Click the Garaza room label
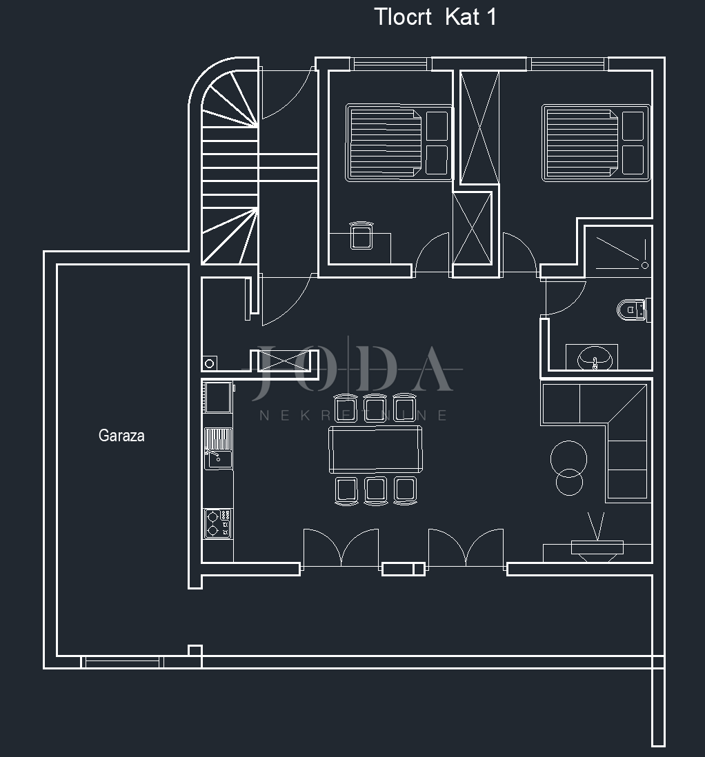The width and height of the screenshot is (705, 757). (x=121, y=436)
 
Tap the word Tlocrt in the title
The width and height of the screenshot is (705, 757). (x=404, y=17)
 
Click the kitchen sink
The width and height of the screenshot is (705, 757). (x=218, y=447)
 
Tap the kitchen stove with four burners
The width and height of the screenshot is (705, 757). (x=217, y=523)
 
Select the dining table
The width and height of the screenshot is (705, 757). (x=375, y=448)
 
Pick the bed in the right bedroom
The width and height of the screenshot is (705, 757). (x=595, y=143)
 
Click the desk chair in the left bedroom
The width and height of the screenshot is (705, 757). (x=361, y=235)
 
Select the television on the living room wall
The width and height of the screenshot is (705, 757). (x=597, y=547)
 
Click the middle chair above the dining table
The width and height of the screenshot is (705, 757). (x=375, y=407)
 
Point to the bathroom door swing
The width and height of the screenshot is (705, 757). (x=560, y=298)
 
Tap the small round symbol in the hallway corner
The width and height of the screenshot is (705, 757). (x=210, y=363)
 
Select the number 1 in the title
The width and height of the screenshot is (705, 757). (x=491, y=17)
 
